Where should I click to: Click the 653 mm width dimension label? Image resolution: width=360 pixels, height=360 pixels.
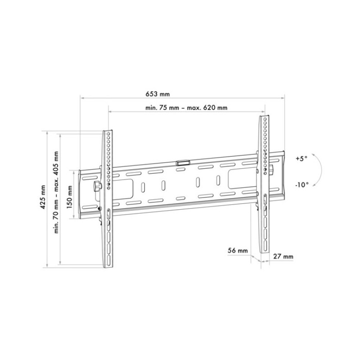tap(158, 94)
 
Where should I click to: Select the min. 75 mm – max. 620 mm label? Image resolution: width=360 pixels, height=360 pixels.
tap(186, 108)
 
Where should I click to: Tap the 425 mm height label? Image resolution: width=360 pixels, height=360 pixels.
tap(43, 197)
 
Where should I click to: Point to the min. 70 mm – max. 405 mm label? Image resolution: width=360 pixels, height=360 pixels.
tap(56, 192)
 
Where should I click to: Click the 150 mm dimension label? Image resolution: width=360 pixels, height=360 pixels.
tap(70, 197)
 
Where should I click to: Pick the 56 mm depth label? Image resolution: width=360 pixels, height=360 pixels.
tap(238, 250)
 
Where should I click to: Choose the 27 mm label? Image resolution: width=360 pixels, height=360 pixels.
tap(283, 256)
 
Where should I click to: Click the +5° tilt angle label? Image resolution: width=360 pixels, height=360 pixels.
tap(301, 158)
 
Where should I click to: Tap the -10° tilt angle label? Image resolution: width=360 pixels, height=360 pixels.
tap(302, 184)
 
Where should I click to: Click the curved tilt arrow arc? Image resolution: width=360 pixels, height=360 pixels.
tap(321, 170)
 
